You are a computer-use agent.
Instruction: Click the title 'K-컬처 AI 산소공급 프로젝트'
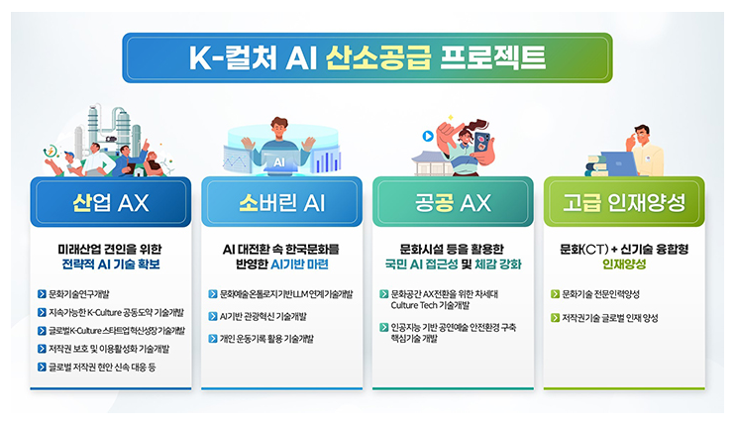click(368, 57)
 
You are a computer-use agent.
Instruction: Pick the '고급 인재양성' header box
click(623, 204)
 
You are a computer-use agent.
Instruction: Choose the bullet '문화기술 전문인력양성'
click(601, 294)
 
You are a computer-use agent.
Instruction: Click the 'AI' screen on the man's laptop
click(280, 159)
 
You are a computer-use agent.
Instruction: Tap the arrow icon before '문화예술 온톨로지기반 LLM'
click(212, 294)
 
